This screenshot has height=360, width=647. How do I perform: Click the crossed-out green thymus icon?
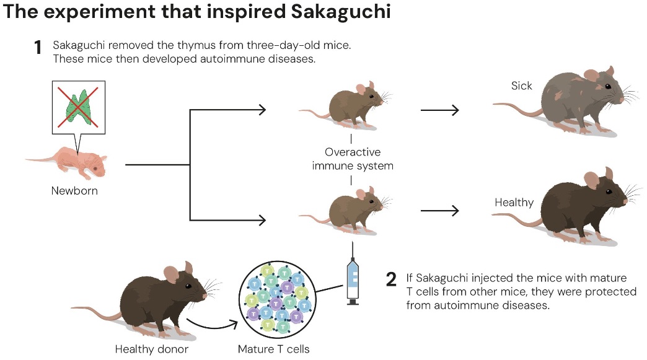[x=77, y=106]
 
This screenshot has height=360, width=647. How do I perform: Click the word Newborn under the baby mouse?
[x=74, y=191]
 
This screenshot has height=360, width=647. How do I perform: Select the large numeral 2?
[x=391, y=279]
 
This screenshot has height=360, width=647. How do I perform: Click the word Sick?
[x=521, y=86]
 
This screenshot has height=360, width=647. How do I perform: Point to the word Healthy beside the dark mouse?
[x=514, y=203]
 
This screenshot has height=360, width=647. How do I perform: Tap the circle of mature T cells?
[x=276, y=299]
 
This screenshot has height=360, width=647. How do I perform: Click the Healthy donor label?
[x=152, y=349]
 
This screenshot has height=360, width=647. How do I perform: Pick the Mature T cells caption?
[x=273, y=349]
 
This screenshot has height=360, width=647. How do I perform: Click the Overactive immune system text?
[x=352, y=159]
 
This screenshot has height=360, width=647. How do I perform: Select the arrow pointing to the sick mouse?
[x=439, y=111]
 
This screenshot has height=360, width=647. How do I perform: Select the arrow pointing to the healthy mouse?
[x=439, y=211]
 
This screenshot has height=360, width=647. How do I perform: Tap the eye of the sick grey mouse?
[x=608, y=86]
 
